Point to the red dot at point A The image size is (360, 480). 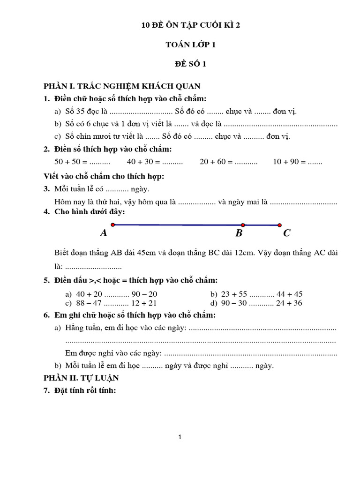113,225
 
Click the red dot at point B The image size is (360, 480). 243,225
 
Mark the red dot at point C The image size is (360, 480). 280,225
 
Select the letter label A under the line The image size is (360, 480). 104,233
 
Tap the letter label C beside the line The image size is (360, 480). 287,233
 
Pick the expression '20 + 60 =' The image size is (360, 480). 216,162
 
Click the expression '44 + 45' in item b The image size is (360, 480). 288,294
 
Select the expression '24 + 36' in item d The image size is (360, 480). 288,303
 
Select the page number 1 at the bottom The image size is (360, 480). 180,437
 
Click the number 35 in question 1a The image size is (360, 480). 81,112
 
